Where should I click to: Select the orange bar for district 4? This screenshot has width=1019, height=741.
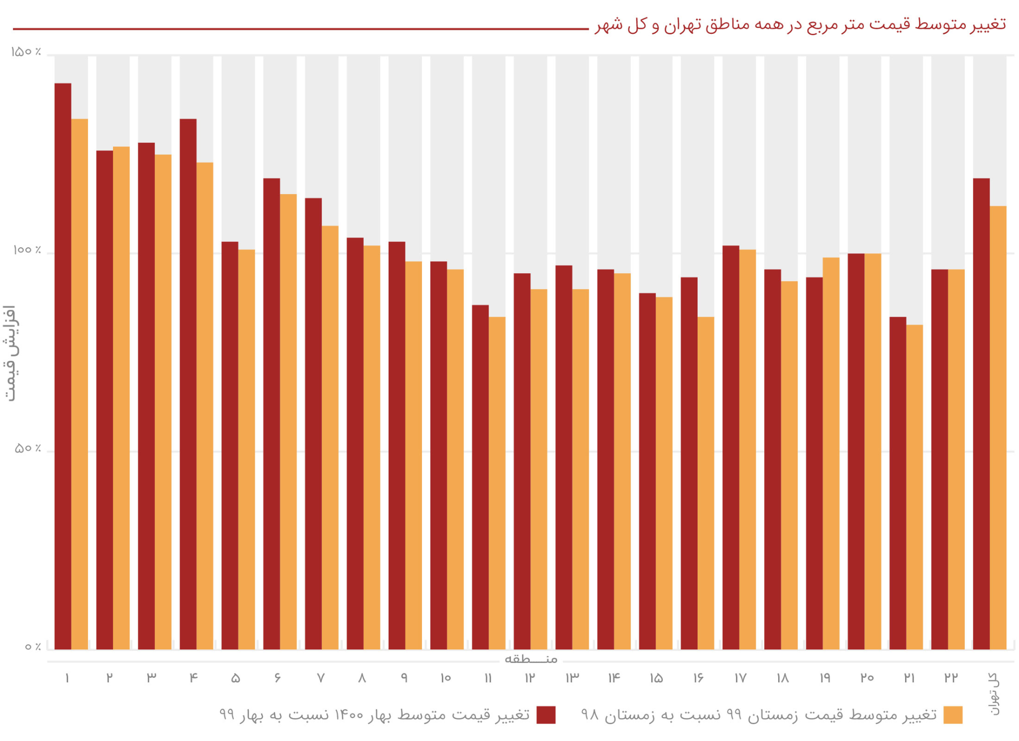(204, 406)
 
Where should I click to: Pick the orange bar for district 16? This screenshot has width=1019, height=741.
(706, 483)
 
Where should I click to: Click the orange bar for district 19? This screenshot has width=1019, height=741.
(831, 453)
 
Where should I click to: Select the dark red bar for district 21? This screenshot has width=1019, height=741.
(898, 483)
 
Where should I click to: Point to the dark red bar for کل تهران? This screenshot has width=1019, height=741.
(981, 413)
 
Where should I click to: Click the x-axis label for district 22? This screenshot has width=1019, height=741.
(951, 677)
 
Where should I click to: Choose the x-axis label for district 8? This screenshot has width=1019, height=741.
(362, 677)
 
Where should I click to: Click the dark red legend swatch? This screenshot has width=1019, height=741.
(546, 715)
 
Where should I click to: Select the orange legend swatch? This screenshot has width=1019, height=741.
(953, 715)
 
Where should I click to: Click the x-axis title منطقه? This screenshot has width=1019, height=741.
(531, 659)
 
